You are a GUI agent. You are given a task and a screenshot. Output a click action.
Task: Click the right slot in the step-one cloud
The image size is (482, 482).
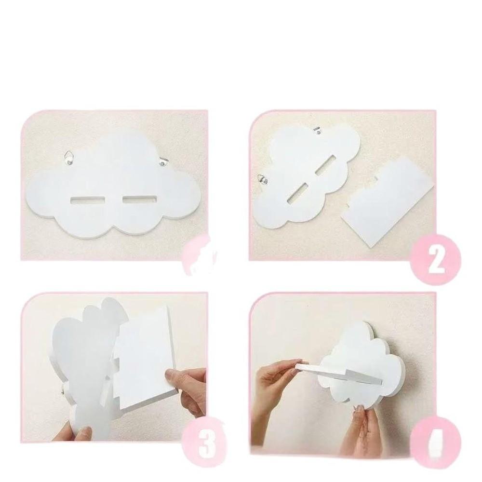click(x=139, y=199)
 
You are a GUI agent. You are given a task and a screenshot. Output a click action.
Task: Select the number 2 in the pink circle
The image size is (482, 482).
click(x=436, y=260)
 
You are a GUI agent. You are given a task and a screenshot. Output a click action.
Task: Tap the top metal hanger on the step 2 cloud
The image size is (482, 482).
click(x=318, y=130)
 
